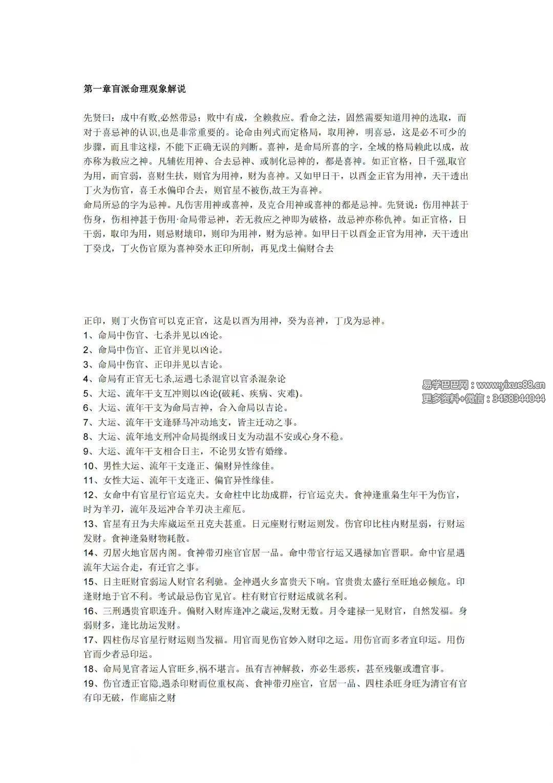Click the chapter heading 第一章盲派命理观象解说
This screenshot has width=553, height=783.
[134, 89]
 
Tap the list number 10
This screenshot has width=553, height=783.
[89, 466]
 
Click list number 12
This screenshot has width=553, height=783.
[89, 495]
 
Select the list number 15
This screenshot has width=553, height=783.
[89, 582]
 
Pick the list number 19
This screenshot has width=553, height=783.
[89, 683]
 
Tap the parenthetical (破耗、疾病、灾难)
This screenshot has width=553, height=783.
[261, 394]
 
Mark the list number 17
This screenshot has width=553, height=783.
[89, 640]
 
